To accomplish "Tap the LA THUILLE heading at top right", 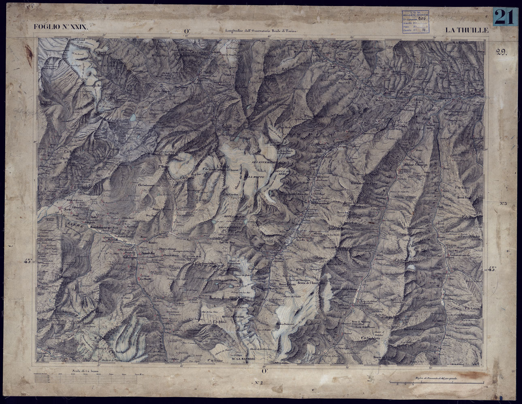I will [x=467, y=30].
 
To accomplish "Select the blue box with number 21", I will [x=505, y=17].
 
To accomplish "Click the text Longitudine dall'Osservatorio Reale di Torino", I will [x=259, y=31].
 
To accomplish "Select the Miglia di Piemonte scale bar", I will [x=437, y=381].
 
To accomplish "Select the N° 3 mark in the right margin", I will [x=503, y=203].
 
